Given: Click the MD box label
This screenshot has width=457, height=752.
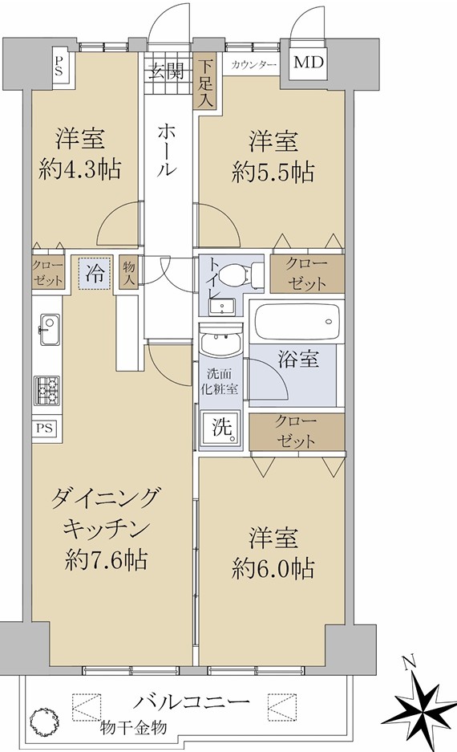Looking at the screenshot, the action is coord(309,63).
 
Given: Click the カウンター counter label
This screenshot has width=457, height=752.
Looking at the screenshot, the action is coord(254,65).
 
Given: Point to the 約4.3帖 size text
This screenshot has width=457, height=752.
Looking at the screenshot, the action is coord(79,169).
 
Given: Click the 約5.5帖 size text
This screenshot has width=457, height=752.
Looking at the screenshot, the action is coord(273,171).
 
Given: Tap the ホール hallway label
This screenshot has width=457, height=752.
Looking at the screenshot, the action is coord(168,149).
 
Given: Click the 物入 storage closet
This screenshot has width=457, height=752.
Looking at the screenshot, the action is coord(128,272).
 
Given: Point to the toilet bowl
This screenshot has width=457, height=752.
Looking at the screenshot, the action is coord(239,274).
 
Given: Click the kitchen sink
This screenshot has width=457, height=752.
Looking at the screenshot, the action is coord(49,329).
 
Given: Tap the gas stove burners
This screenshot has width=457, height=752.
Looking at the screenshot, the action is coord(47,390).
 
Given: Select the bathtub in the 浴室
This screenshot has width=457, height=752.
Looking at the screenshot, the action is coord(297,321).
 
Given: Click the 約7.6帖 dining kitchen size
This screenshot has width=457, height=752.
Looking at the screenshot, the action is coord(106,559).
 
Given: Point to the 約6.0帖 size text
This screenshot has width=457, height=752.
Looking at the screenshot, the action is coord(273,569).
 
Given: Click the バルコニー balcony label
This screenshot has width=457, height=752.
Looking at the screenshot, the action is coord(191,702).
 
